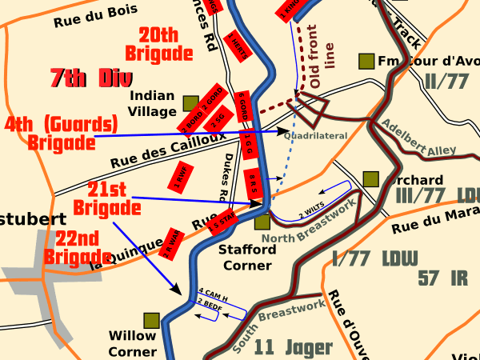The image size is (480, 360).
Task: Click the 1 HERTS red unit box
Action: pyautogui.click(x=234, y=44)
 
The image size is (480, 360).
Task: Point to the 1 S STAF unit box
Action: pyautogui.click(x=222, y=221)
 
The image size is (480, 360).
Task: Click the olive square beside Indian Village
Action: pyautogui.click(x=190, y=103)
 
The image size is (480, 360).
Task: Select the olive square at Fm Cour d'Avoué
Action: pyautogui.click(x=366, y=61)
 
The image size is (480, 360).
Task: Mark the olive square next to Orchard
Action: pyautogui.click(x=370, y=179)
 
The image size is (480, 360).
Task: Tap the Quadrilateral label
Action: pyautogui.click(x=316, y=136)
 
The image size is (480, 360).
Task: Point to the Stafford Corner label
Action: pyautogui.click(x=247, y=256)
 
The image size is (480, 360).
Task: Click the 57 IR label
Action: pyautogui.click(x=442, y=278)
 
